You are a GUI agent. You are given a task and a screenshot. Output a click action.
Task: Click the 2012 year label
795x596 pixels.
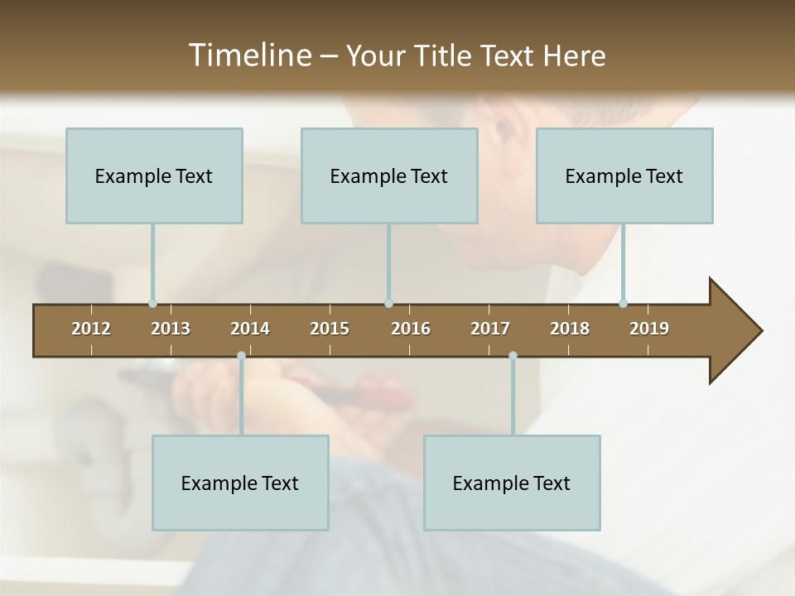click(x=91, y=329)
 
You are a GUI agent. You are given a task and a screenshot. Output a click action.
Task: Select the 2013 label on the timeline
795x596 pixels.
click(x=171, y=329)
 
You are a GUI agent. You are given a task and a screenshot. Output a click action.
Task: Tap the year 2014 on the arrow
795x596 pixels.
click(x=250, y=329)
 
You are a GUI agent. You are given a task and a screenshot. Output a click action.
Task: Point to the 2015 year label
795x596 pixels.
click(x=330, y=329)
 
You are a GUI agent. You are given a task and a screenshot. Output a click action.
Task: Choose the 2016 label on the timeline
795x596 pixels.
click(x=411, y=329)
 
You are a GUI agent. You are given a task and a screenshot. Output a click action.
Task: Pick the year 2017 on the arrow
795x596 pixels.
click(x=490, y=329)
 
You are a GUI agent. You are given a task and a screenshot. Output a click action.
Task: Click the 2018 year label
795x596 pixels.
click(x=570, y=329)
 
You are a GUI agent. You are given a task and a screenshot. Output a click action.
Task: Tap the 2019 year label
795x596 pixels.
click(x=649, y=329)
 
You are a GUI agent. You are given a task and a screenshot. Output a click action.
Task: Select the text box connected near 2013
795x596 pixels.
click(x=154, y=175)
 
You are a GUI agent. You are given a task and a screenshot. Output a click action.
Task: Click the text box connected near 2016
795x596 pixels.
click(x=389, y=175)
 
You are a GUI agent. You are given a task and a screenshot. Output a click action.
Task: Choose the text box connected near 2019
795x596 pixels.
click(x=624, y=175)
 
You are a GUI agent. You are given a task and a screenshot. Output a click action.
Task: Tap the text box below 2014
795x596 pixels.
click(x=240, y=483)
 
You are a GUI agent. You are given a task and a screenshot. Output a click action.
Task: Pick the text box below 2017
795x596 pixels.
click(x=512, y=483)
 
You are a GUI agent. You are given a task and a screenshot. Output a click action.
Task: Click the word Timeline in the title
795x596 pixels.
click(x=248, y=55)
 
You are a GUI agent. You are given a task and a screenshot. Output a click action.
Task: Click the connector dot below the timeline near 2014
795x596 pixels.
click(x=241, y=356)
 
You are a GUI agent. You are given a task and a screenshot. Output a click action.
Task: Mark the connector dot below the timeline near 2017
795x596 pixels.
click(x=513, y=356)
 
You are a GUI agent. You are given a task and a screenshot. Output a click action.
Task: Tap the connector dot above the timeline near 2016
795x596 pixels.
click(x=388, y=304)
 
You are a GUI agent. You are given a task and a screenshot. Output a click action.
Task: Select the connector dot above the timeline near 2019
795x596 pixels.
click(x=623, y=303)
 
